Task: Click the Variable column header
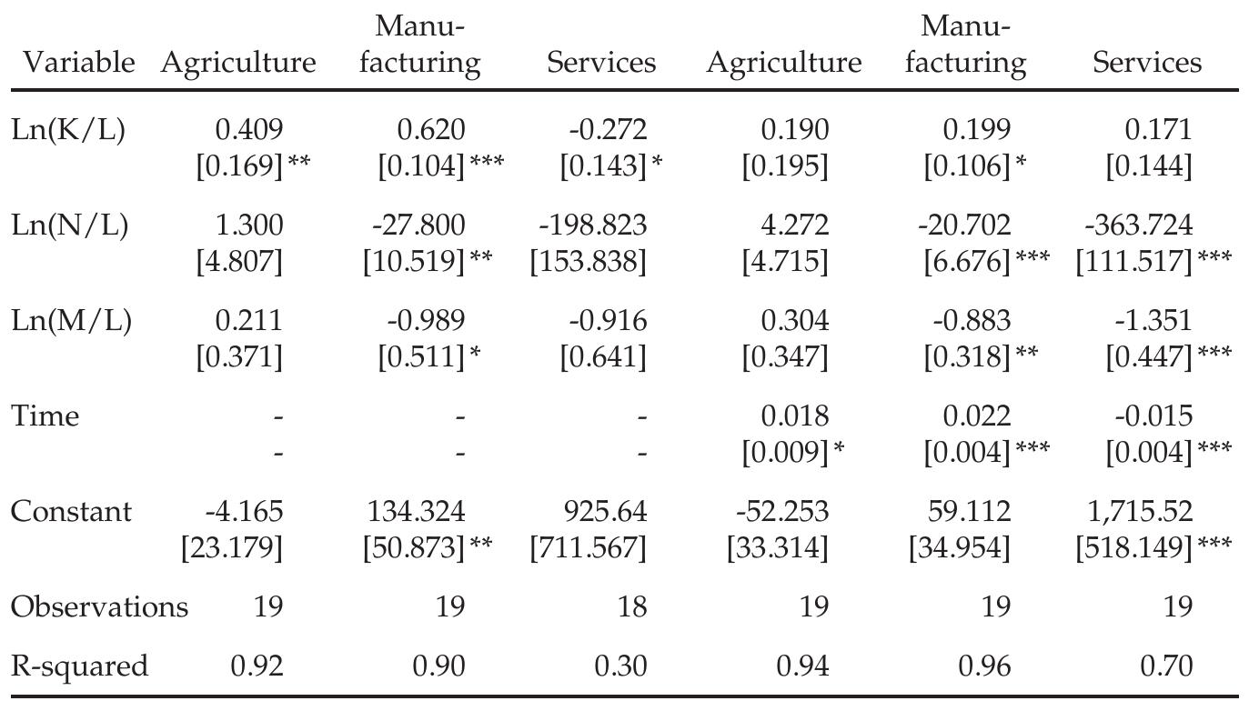point(77,63)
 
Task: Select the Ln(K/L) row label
point(67,130)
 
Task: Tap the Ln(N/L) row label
point(69,225)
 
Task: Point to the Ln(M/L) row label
point(70,321)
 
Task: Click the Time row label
point(45,416)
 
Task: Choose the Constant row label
point(71,512)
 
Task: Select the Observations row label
point(98,606)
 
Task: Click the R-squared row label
point(78,666)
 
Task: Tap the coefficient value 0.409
point(248,130)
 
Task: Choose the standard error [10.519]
point(414,262)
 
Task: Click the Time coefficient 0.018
point(795,416)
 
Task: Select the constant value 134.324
point(416,512)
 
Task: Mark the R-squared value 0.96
point(984,666)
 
